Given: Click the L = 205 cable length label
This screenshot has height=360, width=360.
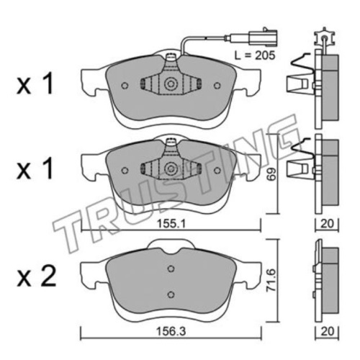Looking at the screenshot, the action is tap(255, 55).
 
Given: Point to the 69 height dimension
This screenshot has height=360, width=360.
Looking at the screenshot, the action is tap(271, 174).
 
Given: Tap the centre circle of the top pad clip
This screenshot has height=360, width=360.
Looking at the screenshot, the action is tap(171, 84).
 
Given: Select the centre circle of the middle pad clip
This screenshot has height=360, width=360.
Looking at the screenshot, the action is tap(171, 168).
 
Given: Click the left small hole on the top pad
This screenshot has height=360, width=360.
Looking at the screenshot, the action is tap(125, 86).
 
